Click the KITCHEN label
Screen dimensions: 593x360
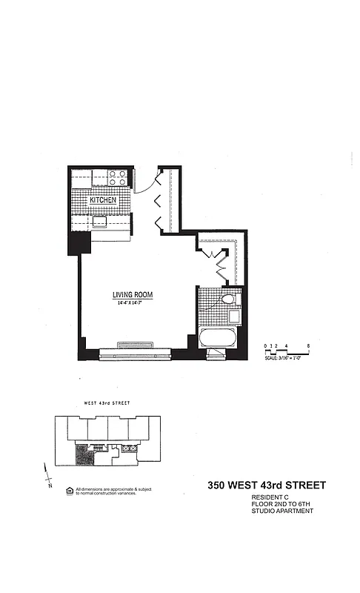click(x=104, y=201)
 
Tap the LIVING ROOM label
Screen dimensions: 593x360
click(x=133, y=295)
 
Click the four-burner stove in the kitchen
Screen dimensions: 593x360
click(x=117, y=178)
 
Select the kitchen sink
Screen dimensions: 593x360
click(x=99, y=220)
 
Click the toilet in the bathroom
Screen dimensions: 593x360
click(x=228, y=299)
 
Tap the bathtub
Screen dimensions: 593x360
click(x=218, y=341)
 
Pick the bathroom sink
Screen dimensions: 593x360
click(x=233, y=317)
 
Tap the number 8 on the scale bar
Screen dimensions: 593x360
click(x=307, y=346)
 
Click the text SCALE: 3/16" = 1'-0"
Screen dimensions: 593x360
click(x=287, y=359)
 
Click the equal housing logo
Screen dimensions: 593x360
click(x=70, y=490)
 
